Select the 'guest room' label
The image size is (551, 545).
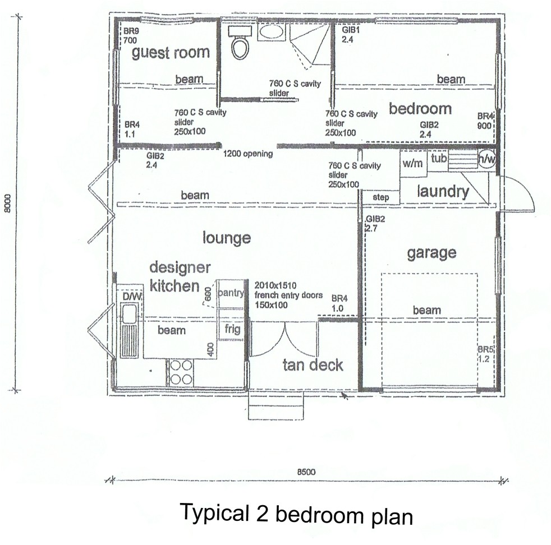(x=171, y=53)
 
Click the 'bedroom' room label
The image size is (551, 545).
(x=420, y=108)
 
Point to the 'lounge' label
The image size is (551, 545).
(x=227, y=238)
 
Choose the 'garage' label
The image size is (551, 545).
(x=431, y=253)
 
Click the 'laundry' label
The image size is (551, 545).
(x=443, y=192)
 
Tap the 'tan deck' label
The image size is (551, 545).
(x=313, y=365)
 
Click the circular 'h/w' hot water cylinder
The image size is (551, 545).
(x=486, y=159)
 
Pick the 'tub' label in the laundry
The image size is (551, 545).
(x=438, y=159)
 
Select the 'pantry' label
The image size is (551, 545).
(x=231, y=293)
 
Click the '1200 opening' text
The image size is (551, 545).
(x=248, y=154)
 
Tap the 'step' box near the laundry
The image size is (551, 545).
(x=380, y=198)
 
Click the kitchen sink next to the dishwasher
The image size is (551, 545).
(x=129, y=314)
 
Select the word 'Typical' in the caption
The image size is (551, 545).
(x=214, y=512)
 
